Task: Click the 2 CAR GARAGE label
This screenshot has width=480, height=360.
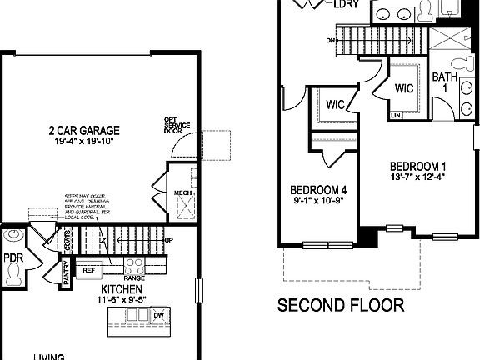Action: coord(84,130)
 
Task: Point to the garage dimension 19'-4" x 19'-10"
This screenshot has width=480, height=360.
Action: coord(84,142)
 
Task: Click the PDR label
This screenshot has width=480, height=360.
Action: coord(12,258)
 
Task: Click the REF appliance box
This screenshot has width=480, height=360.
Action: coord(88,268)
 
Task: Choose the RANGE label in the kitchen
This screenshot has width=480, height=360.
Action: coord(134,277)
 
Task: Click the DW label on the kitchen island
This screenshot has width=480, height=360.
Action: coord(158,315)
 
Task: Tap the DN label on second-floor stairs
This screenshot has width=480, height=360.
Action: coord(330,38)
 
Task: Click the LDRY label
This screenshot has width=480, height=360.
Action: coord(346,5)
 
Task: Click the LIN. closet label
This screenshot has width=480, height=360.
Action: coord(397,114)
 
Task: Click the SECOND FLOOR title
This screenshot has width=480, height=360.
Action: coord(340,304)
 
